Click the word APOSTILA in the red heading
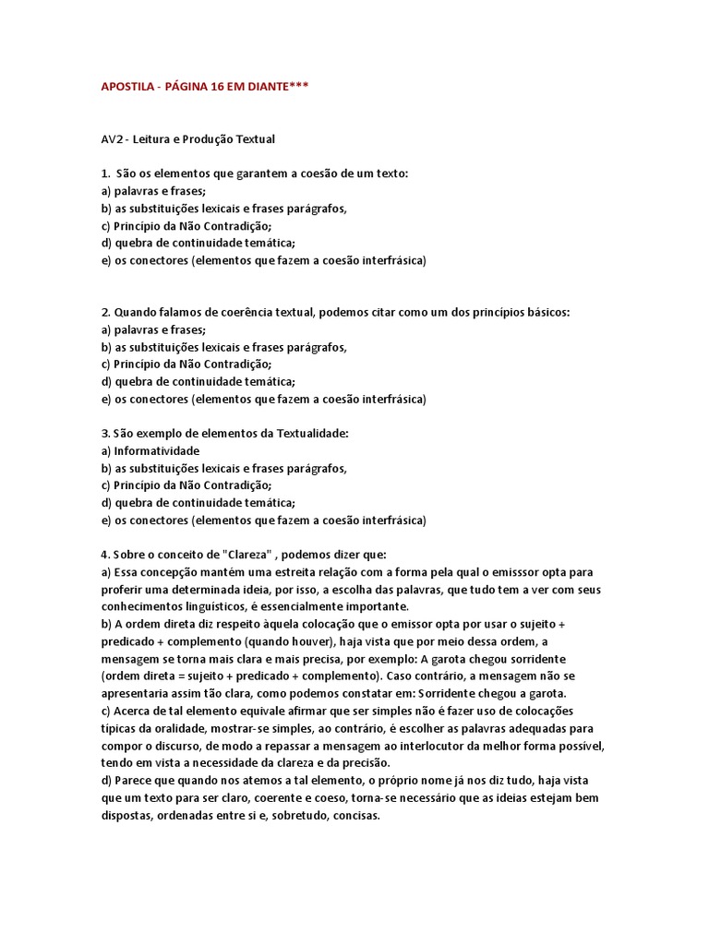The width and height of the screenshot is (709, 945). coord(127,87)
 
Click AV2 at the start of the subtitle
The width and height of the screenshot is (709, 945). coord(111,139)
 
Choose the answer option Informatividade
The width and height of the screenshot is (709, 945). coord(157,451)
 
